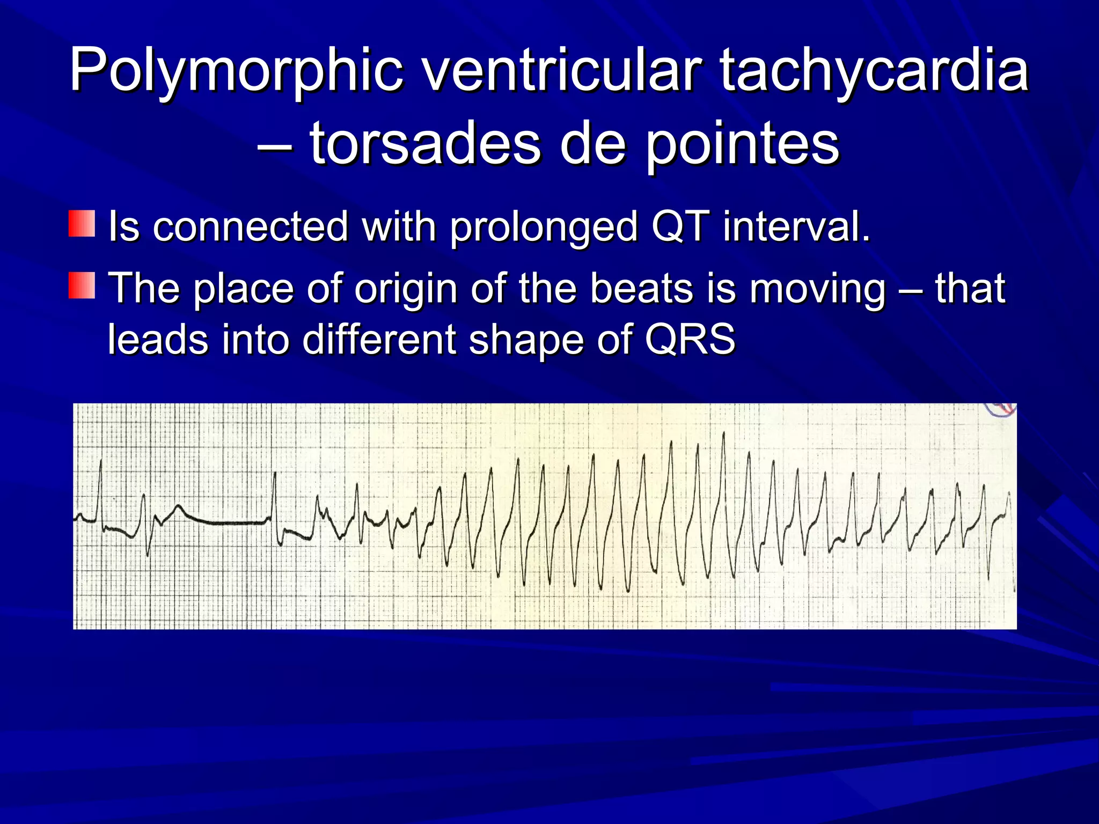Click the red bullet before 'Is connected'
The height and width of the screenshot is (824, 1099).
point(82,224)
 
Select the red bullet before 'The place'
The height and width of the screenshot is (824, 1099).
point(82,285)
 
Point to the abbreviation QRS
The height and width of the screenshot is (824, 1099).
point(690,339)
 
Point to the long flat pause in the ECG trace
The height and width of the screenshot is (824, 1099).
point(225,523)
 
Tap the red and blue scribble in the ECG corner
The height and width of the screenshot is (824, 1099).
point(1000,410)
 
